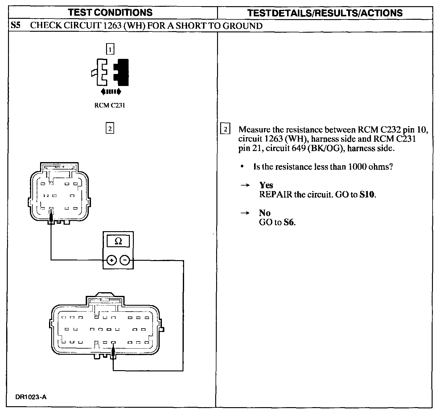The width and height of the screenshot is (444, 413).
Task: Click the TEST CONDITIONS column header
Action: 110,12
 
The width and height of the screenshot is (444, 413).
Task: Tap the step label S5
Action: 15,25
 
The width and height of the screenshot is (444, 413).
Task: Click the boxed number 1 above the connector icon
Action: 110,49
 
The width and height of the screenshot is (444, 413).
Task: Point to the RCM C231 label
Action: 110,105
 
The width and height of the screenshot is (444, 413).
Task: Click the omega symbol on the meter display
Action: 118,242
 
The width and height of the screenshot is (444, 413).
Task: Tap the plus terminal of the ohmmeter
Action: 111,260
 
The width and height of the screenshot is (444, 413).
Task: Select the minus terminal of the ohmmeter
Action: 125,260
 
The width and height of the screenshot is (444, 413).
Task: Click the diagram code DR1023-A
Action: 31,397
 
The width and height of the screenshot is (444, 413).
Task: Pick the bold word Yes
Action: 266,185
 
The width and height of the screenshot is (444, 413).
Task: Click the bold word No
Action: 265,213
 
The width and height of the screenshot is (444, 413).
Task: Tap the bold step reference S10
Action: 368,195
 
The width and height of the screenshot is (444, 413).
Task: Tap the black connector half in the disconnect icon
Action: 122,72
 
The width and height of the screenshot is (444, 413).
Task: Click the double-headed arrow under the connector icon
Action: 111,92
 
